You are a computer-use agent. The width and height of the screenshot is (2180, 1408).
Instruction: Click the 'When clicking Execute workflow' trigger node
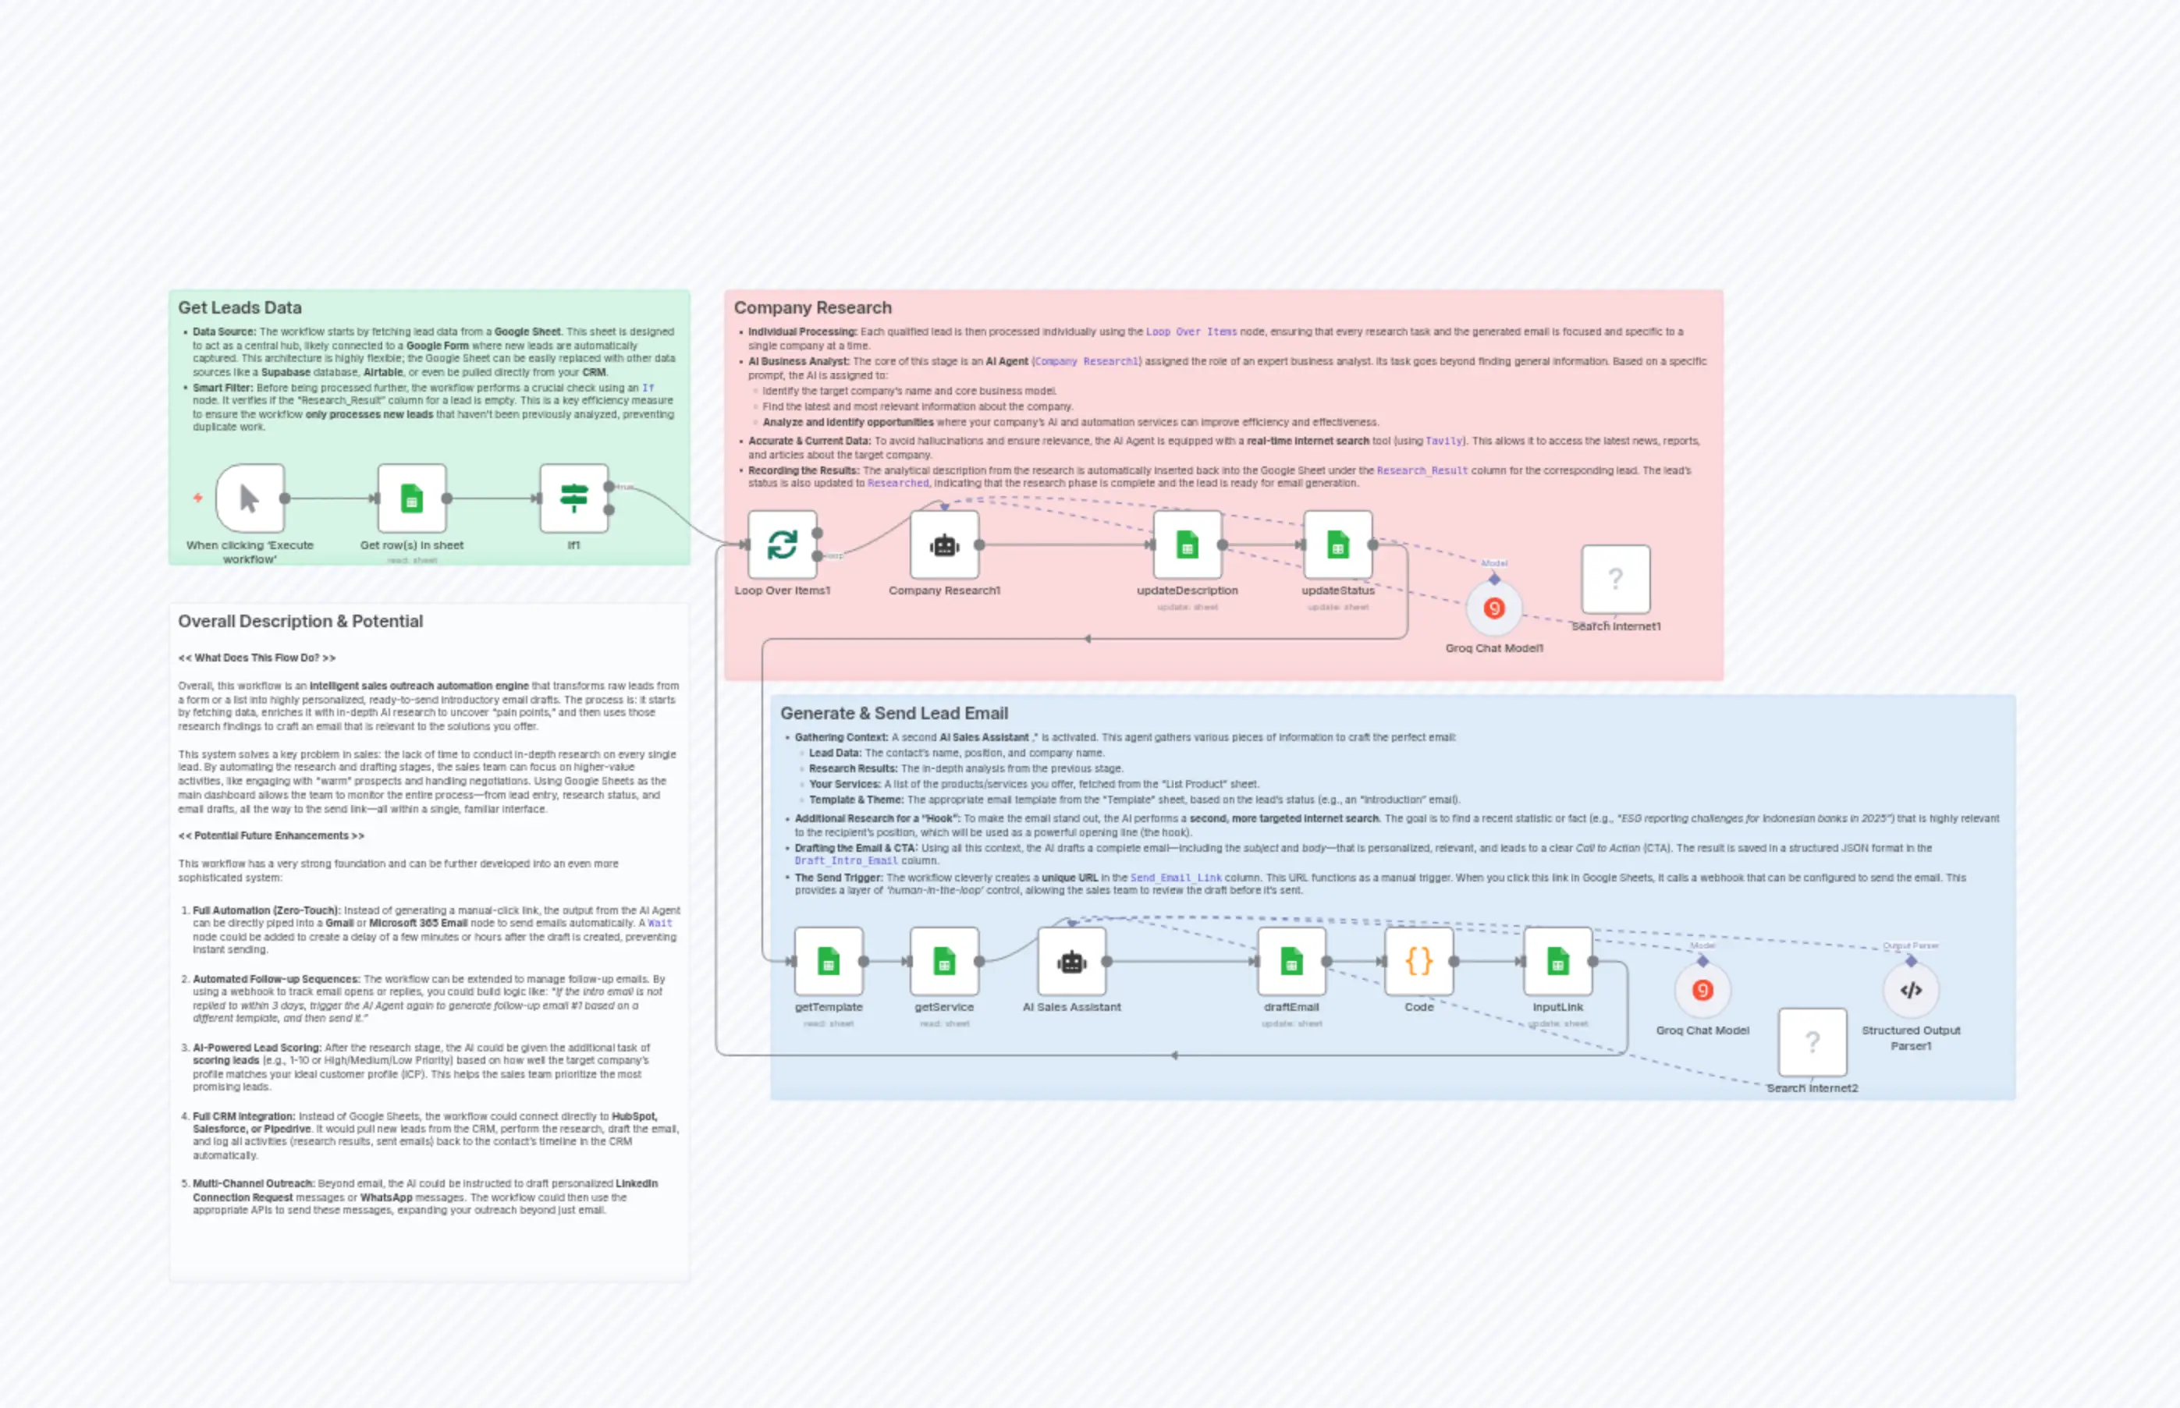pyautogui.click(x=250, y=498)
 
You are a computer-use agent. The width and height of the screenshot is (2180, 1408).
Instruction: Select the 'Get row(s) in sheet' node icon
pyautogui.click(x=411, y=498)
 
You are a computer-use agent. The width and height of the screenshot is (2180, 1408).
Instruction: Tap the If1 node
pyautogui.click(x=573, y=498)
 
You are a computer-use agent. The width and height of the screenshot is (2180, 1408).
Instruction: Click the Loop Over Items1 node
pyautogui.click(x=782, y=545)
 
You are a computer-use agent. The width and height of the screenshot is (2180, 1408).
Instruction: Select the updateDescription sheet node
pyautogui.click(x=1187, y=545)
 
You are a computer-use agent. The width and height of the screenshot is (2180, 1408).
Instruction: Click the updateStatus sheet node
pyautogui.click(x=1338, y=545)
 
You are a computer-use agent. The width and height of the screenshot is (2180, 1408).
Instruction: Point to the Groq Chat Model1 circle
pyautogui.click(x=1493, y=608)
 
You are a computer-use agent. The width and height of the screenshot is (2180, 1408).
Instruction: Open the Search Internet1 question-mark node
pyautogui.click(x=1615, y=579)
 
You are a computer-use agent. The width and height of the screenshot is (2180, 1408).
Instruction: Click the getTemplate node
pyautogui.click(x=829, y=961)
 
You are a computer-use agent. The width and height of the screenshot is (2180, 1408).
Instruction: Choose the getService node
pyautogui.click(x=943, y=961)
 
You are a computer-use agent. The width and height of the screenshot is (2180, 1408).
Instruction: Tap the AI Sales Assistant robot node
pyautogui.click(x=1072, y=961)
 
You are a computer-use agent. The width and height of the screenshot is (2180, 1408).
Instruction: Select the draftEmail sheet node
pyautogui.click(x=1291, y=961)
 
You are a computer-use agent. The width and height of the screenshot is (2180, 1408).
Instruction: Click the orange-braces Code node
pyautogui.click(x=1418, y=961)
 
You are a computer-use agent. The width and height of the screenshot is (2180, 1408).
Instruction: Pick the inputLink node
pyautogui.click(x=1557, y=961)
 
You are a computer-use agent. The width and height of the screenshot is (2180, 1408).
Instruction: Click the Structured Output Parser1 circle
pyautogui.click(x=1910, y=990)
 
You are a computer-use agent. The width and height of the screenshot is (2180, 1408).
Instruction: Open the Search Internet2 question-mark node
pyautogui.click(x=1812, y=1042)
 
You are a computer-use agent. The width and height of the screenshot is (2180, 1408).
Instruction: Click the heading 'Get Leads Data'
pyautogui.click(x=240, y=308)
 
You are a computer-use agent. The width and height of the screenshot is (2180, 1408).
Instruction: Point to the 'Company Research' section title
pyautogui.click(x=812, y=308)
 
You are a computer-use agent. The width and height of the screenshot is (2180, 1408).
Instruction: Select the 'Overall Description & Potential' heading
pyautogui.click(x=300, y=622)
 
